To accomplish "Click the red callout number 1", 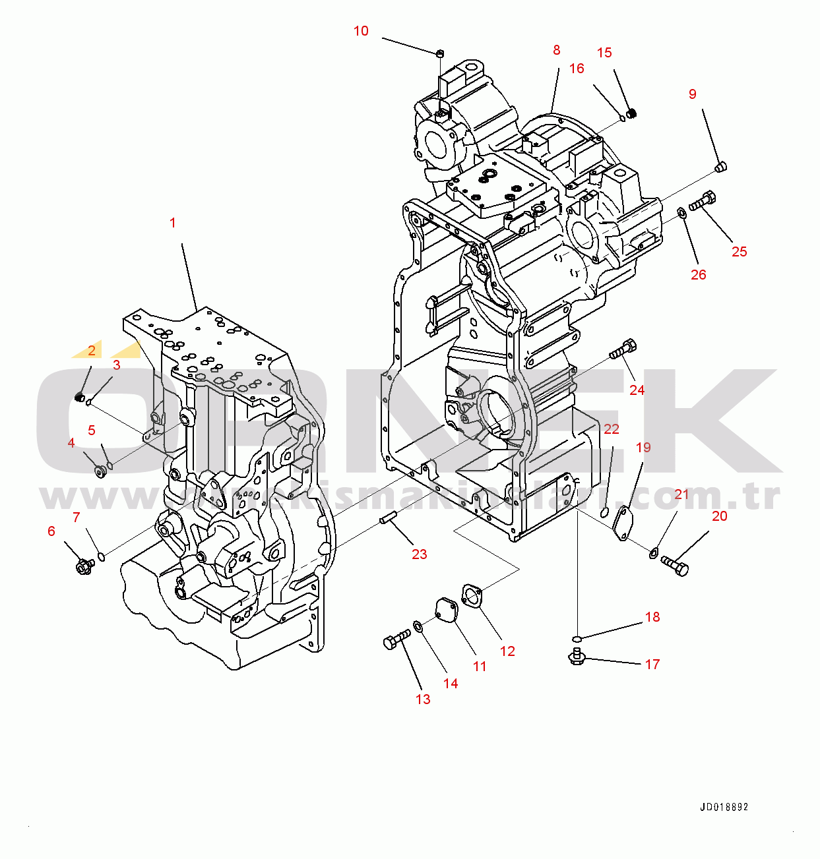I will tap(173, 223).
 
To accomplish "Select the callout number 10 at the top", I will tap(361, 31).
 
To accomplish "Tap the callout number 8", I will tap(557, 50).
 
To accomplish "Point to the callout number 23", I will tap(420, 554).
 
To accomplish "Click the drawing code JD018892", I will tap(724, 807).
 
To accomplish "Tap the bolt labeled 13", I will tap(396, 639).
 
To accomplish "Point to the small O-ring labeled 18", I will tap(577, 638).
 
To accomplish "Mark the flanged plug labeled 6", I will tap(84, 566).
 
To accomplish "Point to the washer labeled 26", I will tap(680, 212).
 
